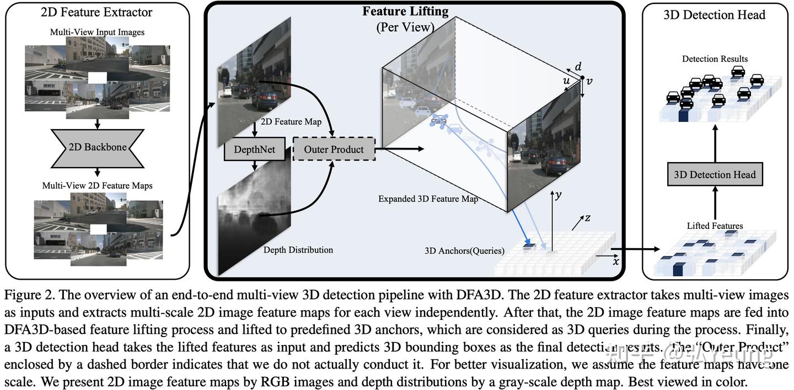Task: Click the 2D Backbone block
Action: (97, 148)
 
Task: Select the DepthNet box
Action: (254, 149)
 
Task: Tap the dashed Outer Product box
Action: (334, 149)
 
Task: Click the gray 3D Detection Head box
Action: (715, 175)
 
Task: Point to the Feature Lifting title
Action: (405, 11)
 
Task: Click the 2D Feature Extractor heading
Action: (96, 12)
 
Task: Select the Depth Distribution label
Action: (298, 250)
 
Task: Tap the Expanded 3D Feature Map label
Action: (428, 199)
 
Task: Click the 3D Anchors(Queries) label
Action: (464, 250)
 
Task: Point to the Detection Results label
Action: (715, 59)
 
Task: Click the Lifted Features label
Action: (715, 226)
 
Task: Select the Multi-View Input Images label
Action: (97, 32)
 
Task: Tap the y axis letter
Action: (558, 195)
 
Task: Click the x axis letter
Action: (616, 261)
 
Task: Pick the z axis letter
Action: (588, 218)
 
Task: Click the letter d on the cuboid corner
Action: (578, 67)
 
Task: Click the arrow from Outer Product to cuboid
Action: (400, 149)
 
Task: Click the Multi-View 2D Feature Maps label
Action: (97, 185)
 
